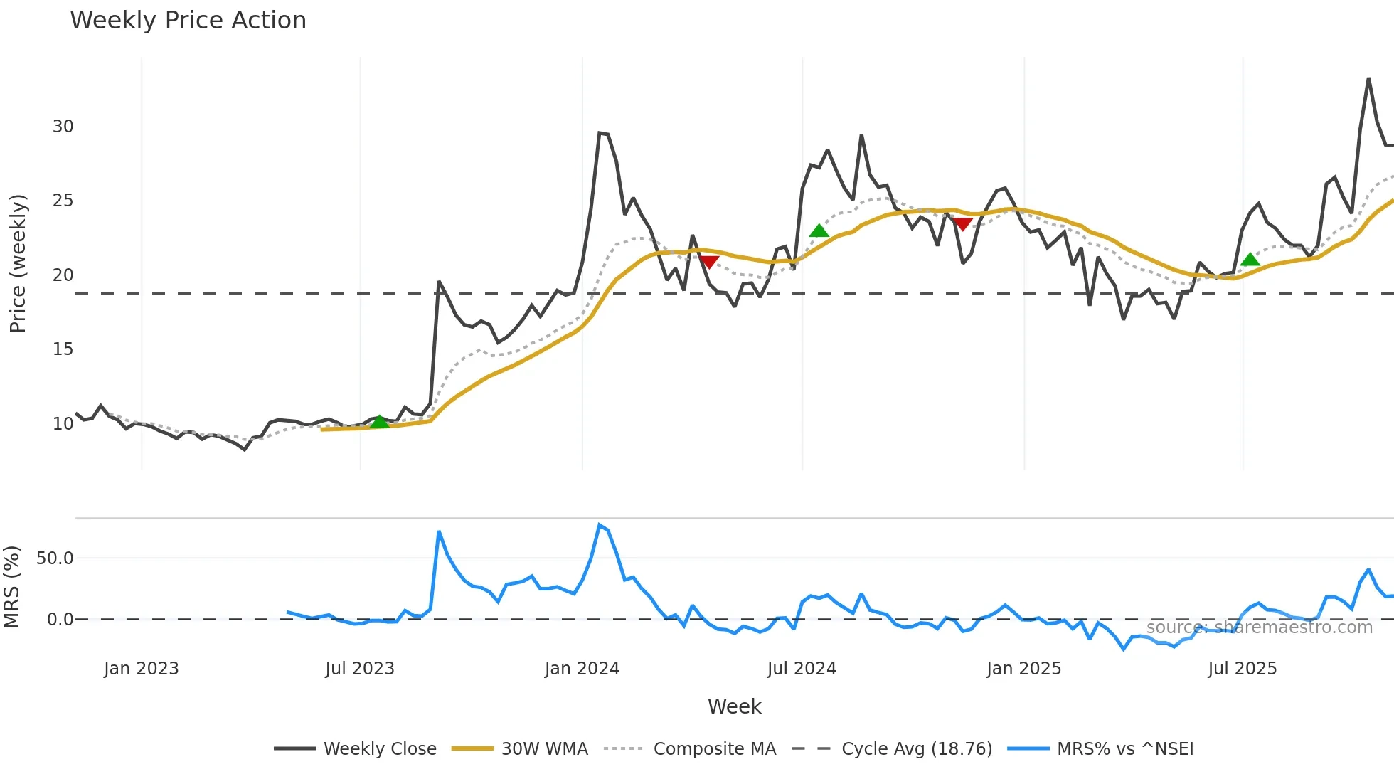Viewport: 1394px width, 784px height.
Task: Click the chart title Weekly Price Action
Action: click(x=188, y=21)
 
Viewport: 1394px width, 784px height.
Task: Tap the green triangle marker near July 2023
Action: click(x=380, y=423)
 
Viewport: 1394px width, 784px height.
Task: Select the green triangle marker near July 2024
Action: click(x=819, y=231)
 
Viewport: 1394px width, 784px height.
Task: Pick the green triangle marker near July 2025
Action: click(x=1250, y=260)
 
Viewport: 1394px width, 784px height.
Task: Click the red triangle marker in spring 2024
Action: click(x=708, y=262)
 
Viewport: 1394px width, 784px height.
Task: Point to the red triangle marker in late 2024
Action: click(x=962, y=224)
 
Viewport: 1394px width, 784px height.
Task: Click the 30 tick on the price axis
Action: click(x=63, y=127)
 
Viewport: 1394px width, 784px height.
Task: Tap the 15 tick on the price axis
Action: click(x=63, y=349)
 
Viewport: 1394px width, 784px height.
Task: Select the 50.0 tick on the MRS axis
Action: click(x=55, y=558)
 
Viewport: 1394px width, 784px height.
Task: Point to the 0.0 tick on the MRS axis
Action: click(x=60, y=620)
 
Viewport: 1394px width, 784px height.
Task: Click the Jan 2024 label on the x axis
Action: click(x=582, y=669)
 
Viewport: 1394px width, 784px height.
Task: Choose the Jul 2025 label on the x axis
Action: click(x=1242, y=669)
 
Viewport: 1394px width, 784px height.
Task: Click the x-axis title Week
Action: click(x=734, y=706)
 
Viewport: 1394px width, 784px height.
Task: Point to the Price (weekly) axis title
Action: click(x=18, y=263)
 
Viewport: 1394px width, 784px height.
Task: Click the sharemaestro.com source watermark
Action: click(x=1259, y=627)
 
